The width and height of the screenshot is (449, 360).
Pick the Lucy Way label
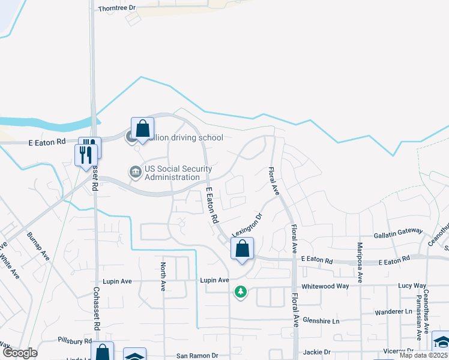412,286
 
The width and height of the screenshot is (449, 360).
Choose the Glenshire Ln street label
321,321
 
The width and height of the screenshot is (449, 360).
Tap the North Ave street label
163,277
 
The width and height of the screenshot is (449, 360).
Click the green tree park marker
241,292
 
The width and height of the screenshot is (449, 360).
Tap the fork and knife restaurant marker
86,154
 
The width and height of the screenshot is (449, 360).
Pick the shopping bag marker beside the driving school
142,128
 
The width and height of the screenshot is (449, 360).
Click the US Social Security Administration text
172,173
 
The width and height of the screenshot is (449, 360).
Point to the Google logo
20,353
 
